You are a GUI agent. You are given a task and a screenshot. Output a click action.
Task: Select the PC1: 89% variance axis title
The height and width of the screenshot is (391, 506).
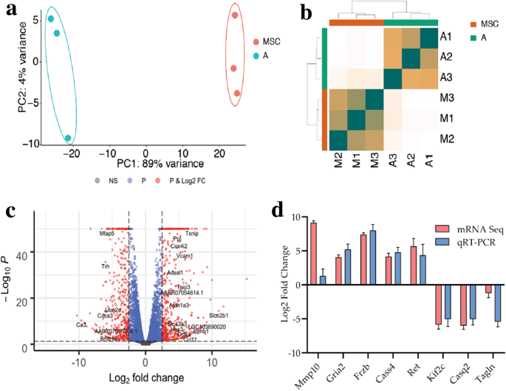pyautogui.click(x=139, y=162)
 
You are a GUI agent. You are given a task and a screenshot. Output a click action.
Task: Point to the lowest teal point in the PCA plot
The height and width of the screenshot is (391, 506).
pyautogui.click(x=69, y=138)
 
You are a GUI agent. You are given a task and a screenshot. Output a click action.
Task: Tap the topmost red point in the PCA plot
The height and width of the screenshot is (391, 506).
pyautogui.click(x=235, y=15)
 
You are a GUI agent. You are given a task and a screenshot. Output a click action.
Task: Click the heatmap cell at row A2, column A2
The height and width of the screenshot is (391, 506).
pyautogui.click(x=411, y=56)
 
